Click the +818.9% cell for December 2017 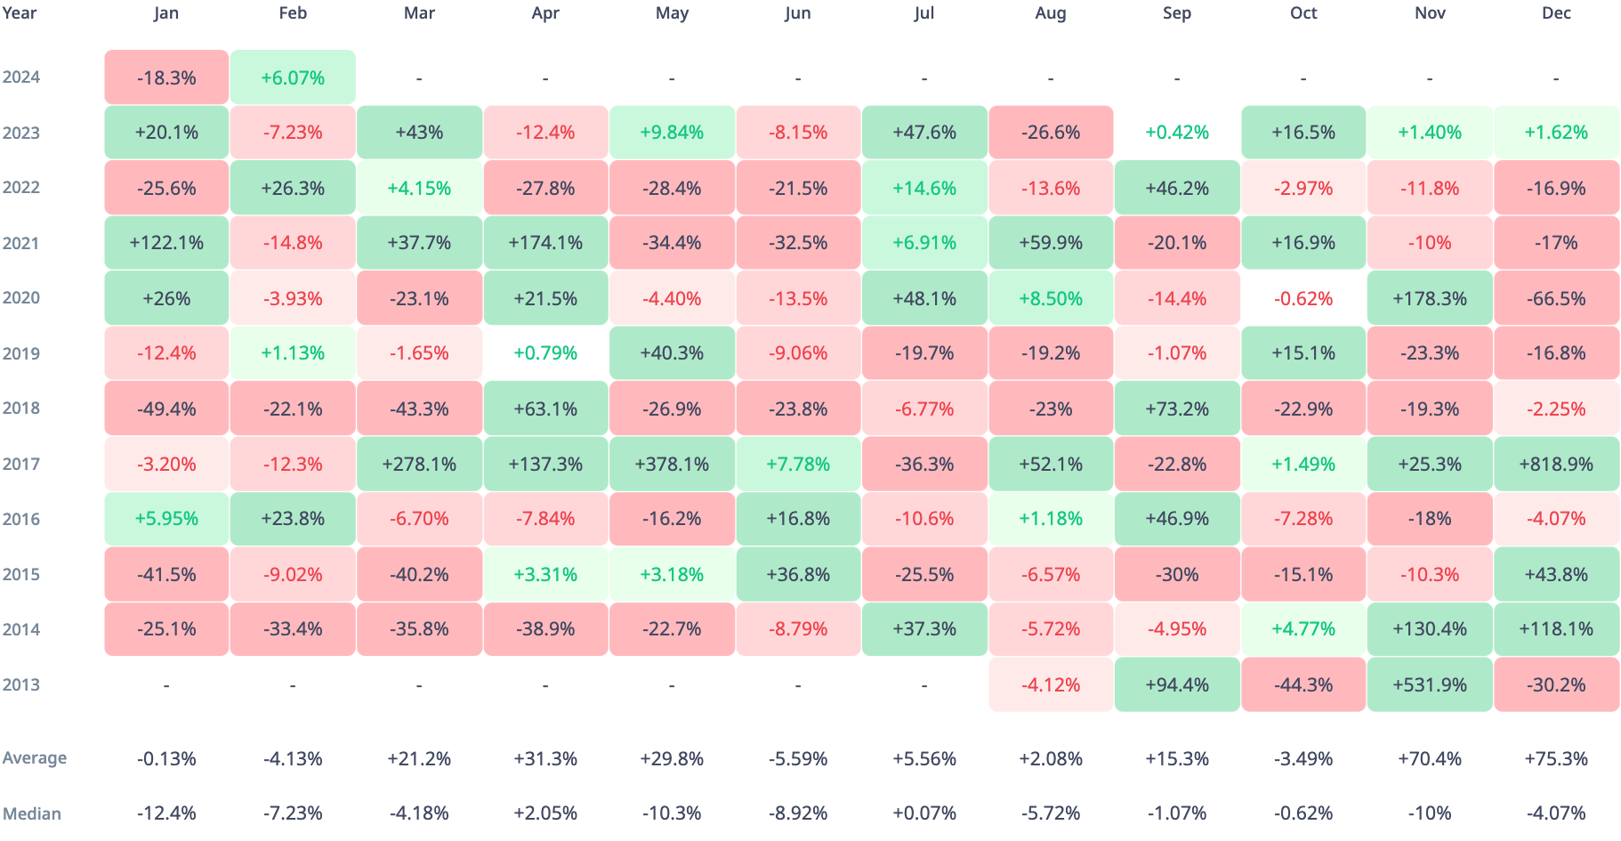point(1556,464)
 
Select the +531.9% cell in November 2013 point(1430,684)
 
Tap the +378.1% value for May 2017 point(672,464)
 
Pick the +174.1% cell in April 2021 point(545,243)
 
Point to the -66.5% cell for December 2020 point(1556,298)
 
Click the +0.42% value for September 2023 point(1177,133)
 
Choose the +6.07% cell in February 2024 point(293,77)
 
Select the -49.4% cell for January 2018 point(166,408)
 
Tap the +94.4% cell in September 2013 point(1177,684)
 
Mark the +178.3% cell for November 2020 point(1430,298)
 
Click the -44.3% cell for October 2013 point(1303,684)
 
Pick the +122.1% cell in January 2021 point(166,243)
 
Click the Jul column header point(924,13)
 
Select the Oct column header point(1303,13)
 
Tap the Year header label point(20,13)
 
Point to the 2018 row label point(21,408)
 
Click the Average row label point(35,758)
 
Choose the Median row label point(32,813)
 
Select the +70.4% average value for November point(1430,759)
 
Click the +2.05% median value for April point(545,813)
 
